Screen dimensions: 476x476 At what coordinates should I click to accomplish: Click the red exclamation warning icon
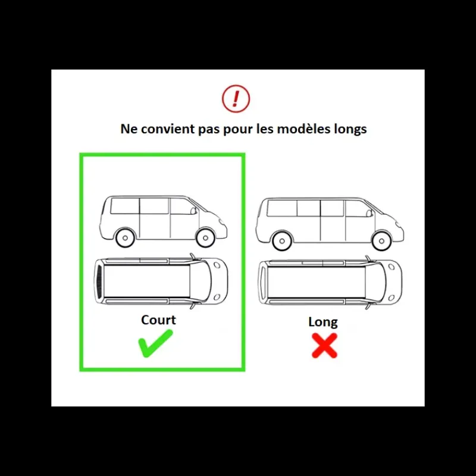[x=236, y=99]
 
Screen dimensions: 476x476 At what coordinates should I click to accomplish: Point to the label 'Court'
[x=158, y=320]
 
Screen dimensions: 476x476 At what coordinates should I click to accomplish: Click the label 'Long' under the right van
[x=323, y=322]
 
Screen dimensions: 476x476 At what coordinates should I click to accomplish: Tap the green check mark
[x=155, y=343]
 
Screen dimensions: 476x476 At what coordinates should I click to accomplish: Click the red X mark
[x=324, y=346]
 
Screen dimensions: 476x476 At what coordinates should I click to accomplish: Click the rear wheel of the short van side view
[x=125, y=237]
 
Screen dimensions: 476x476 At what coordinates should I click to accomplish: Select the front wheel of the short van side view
[x=205, y=237]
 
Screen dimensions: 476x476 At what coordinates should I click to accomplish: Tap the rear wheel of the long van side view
[x=282, y=241]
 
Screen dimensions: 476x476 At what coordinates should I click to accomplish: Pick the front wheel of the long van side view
[x=381, y=241]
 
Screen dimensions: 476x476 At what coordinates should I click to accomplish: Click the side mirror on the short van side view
[x=193, y=211]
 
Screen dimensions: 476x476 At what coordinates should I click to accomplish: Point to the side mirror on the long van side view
[x=369, y=214]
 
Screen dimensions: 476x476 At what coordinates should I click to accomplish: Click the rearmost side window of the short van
[x=125, y=206]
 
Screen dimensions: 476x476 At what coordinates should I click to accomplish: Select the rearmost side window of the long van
[x=282, y=208]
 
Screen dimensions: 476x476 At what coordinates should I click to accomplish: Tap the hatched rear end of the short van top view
[x=99, y=281]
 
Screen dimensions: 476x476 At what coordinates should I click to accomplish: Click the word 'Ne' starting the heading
[x=129, y=129]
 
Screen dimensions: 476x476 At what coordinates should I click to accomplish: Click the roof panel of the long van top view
[x=317, y=283]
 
